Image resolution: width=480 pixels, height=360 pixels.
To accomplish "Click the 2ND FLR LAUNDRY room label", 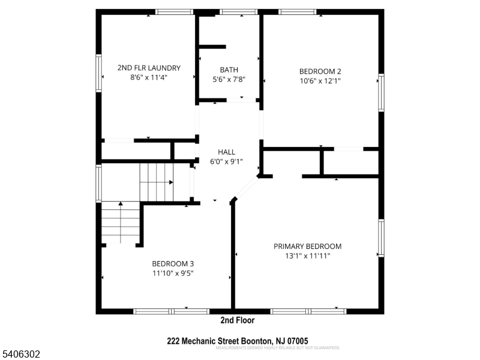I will pyautogui.click(x=148, y=68).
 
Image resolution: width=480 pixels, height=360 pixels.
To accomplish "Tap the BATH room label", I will pyautogui.click(x=229, y=70).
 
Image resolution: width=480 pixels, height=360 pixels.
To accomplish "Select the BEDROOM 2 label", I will pyautogui.click(x=320, y=70).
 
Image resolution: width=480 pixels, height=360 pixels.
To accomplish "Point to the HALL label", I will pyautogui.click(x=226, y=152).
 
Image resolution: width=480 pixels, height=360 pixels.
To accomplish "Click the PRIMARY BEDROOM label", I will pyautogui.click(x=307, y=246).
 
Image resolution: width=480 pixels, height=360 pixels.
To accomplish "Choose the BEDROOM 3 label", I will pyautogui.click(x=172, y=263).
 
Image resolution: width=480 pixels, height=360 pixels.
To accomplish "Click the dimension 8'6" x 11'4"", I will pyautogui.click(x=148, y=77).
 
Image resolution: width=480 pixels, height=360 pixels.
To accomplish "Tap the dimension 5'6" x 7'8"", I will pyautogui.click(x=229, y=79).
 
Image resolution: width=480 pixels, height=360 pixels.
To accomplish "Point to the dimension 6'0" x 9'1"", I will pyautogui.click(x=226, y=161).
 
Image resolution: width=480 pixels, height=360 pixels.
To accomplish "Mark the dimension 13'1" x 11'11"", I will pyautogui.click(x=307, y=256).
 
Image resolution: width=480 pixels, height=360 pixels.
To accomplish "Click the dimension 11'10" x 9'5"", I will pyautogui.click(x=172, y=272).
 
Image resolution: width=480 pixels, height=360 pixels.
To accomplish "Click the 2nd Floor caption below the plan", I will pyautogui.click(x=238, y=320).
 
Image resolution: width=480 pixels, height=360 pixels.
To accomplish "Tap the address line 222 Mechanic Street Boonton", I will pyautogui.click(x=238, y=341).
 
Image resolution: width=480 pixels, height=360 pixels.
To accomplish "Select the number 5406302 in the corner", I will pyautogui.click(x=21, y=355).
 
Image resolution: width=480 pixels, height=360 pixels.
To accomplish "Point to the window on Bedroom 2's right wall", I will pyautogui.click(x=380, y=92).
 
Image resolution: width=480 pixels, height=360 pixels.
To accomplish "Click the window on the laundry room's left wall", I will pyautogui.click(x=98, y=73).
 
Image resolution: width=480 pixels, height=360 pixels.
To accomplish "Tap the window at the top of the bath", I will pyautogui.click(x=239, y=11).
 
